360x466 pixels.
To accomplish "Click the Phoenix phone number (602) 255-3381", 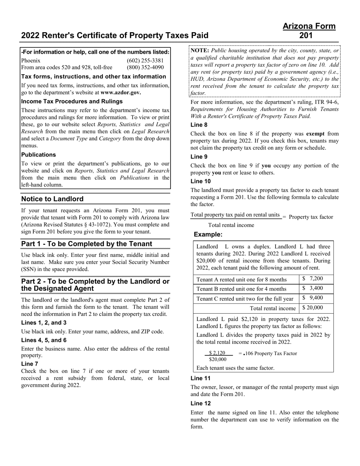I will pos(145,61).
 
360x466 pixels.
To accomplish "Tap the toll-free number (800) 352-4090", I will pos(145,67).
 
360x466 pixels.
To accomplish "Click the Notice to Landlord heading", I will pos(52,199).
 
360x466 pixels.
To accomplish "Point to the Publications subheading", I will pos(38,155).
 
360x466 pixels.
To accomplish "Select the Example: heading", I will pos(208,235).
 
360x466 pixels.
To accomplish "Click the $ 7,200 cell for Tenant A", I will pos(313,279).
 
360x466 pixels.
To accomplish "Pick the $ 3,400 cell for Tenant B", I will pos(313,288).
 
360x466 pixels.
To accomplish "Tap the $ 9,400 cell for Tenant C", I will pos(313,298).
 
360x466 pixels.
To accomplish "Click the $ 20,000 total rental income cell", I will pos(313,308).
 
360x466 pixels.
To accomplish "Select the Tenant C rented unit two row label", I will pos(245,299).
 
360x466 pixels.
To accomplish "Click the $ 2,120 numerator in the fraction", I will pos(217,353).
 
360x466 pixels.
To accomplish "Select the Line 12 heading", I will pos(201,403).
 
